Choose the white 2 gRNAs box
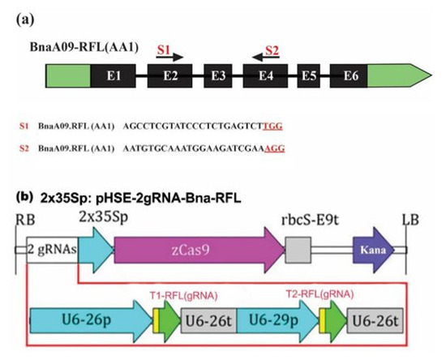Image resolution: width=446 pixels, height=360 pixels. pyautogui.click(x=50, y=251)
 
